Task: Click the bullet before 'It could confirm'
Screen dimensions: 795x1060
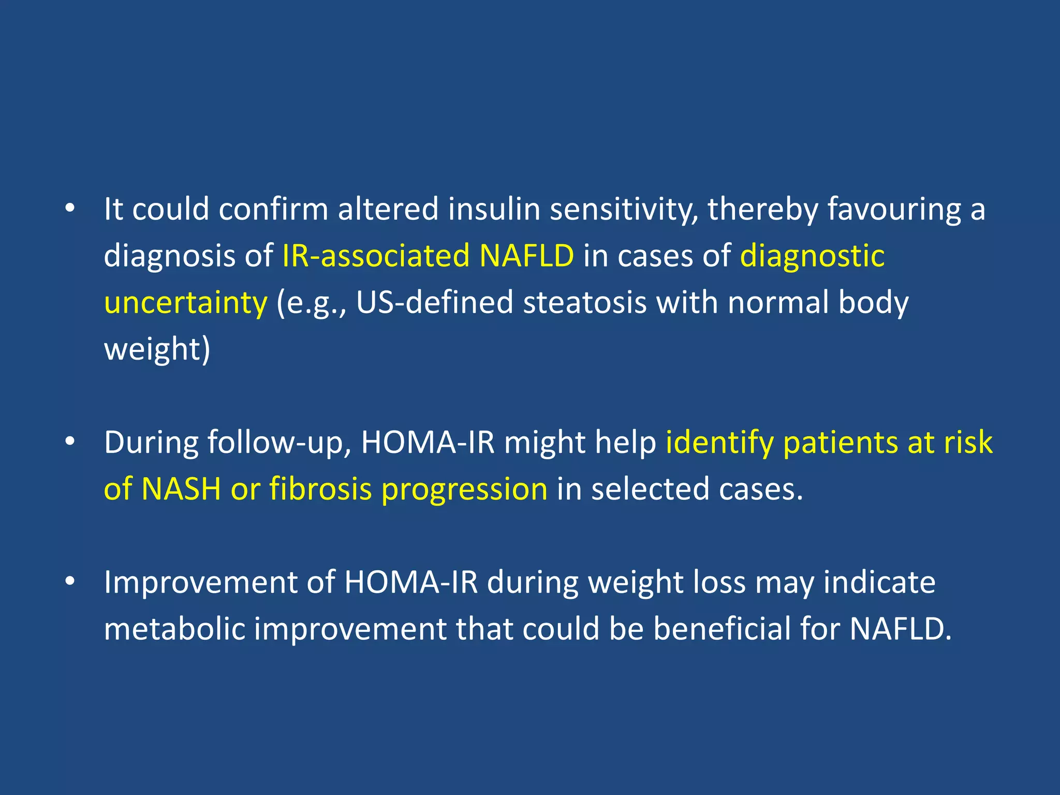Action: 70,209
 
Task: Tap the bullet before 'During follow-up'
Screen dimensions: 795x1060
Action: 70,443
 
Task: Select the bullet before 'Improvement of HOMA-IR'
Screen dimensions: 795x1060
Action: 70,582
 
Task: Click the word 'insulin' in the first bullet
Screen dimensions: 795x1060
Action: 494,209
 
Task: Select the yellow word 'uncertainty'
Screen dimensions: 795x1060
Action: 185,303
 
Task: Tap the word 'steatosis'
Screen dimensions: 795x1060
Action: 584,302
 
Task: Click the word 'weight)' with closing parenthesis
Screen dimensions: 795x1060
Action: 157,350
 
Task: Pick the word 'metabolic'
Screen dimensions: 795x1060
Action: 174,629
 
